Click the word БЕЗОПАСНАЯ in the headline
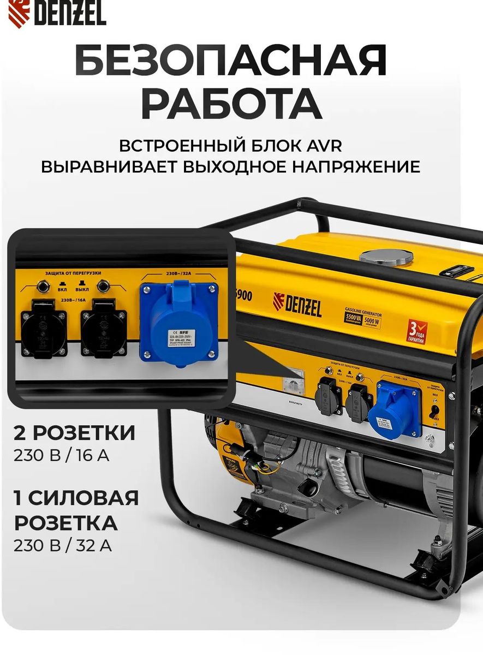[x=231, y=61]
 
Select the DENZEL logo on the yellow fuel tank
[x=297, y=305]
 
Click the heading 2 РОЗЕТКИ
[x=75, y=433]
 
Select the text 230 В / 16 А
[x=62, y=455]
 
